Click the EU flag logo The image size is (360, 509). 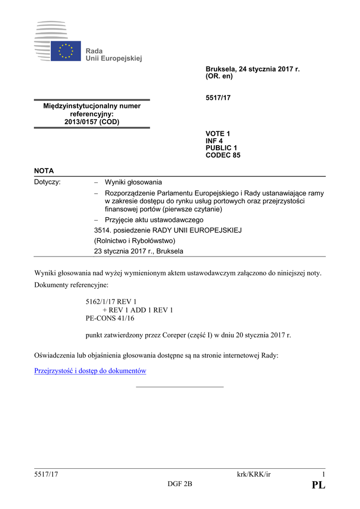point(66,51)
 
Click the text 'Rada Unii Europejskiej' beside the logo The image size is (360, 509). point(113,55)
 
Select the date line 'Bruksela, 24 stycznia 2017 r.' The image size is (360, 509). point(253,69)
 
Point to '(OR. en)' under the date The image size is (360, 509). point(219,77)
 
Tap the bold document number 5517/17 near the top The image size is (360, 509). point(218,98)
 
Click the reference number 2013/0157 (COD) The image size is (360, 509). point(92,122)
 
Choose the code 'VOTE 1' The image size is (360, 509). point(218,134)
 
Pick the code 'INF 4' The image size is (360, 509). point(214,141)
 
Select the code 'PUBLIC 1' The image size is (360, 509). point(221,148)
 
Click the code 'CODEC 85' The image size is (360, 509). point(223,155)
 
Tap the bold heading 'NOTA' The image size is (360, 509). point(44,170)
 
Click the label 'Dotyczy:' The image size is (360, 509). point(47,182)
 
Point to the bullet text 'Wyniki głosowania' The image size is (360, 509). point(133,182)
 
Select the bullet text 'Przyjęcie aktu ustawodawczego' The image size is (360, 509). point(154,220)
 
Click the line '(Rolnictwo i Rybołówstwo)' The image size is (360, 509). point(135,241)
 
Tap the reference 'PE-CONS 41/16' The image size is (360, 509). point(110,318)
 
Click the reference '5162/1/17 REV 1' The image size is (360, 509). point(111,302)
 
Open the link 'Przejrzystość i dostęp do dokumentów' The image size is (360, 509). point(90,371)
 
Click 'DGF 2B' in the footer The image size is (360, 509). point(180,485)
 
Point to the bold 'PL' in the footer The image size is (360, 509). point(318,485)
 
